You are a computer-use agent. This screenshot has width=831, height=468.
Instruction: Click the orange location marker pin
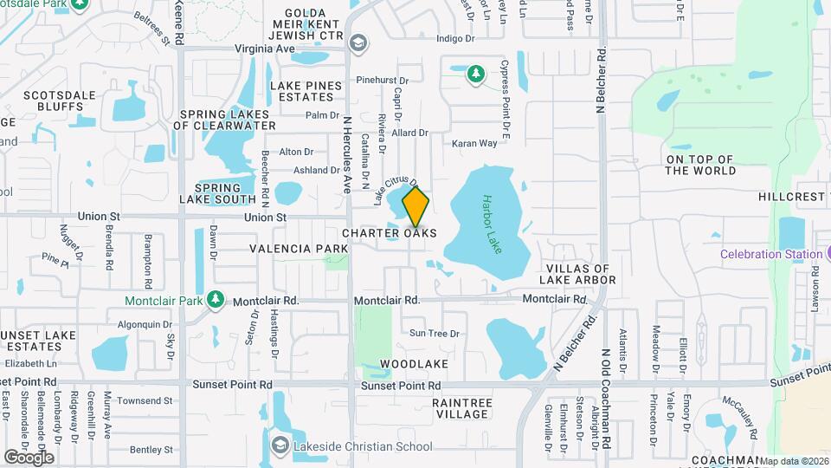click(x=416, y=206)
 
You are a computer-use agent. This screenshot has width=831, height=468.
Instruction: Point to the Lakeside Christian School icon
click(x=280, y=446)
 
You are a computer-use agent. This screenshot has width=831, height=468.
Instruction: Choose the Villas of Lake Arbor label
click(x=577, y=274)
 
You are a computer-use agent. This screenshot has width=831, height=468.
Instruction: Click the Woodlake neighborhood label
click(x=414, y=365)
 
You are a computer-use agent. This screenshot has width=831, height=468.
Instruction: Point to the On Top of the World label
click(x=700, y=165)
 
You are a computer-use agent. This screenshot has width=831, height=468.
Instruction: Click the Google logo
click(x=29, y=457)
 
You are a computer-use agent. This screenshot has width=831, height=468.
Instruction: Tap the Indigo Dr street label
click(x=456, y=38)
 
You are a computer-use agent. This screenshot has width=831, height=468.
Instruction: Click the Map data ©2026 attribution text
click(x=794, y=461)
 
